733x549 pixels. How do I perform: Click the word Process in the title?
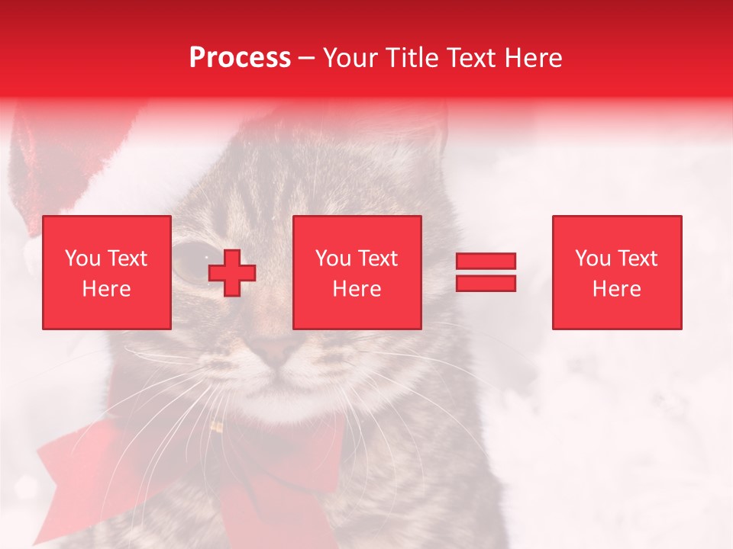[240, 58]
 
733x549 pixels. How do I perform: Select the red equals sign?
[486, 272]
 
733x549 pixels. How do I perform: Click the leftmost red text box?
[107, 272]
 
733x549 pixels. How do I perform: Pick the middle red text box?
[357, 272]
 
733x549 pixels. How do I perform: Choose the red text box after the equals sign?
[616, 272]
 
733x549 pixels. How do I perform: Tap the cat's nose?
[276, 350]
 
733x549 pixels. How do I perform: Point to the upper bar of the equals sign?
[486, 262]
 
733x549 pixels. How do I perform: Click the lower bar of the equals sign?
[486, 283]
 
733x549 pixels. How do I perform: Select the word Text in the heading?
[470, 58]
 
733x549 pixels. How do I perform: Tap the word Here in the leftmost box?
[107, 288]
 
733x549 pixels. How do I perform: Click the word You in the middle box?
[333, 258]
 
